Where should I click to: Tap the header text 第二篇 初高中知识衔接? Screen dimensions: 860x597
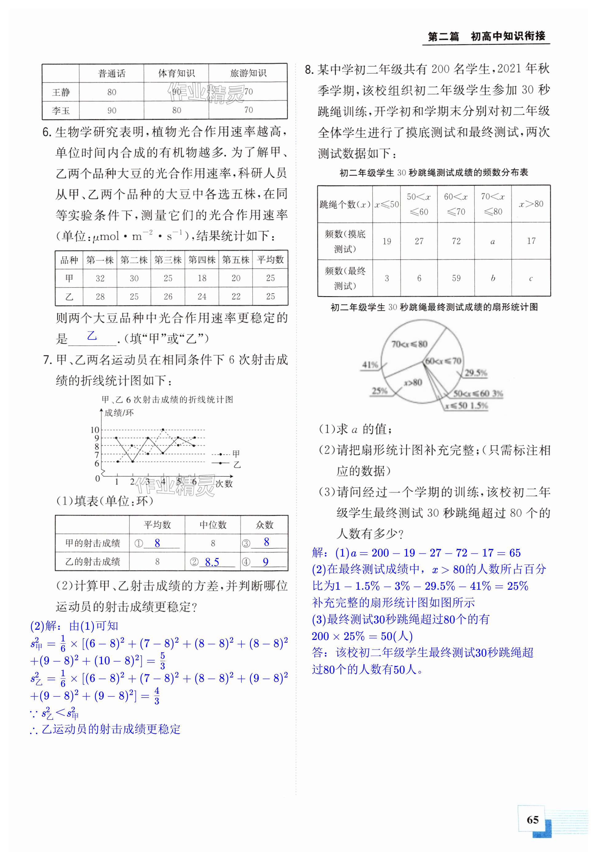coord(486,37)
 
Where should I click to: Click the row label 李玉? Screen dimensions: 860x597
coord(61,111)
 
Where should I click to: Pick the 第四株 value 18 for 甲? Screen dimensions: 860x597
coord(202,278)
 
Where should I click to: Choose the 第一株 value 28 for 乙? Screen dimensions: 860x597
coord(100,296)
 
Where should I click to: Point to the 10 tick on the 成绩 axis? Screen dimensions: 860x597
coord(95,430)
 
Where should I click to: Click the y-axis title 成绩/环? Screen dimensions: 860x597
coord(119,413)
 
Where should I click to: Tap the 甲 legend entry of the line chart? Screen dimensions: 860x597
coord(236,454)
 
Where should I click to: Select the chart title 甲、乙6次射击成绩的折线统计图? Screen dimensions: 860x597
coord(167,400)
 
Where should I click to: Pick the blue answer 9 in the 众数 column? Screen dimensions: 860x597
coord(265,562)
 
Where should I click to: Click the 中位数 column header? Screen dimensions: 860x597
coord(213,525)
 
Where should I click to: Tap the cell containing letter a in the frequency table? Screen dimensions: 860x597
coord(493,241)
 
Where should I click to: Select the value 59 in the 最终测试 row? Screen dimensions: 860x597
coord(456,278)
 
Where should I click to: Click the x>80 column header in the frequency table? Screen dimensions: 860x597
coord(531,204)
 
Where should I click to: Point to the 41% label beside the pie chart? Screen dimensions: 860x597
coord(370,364)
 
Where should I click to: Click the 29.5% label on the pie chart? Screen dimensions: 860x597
coord(476,373)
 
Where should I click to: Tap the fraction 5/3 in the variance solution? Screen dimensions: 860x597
coord(162,661)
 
